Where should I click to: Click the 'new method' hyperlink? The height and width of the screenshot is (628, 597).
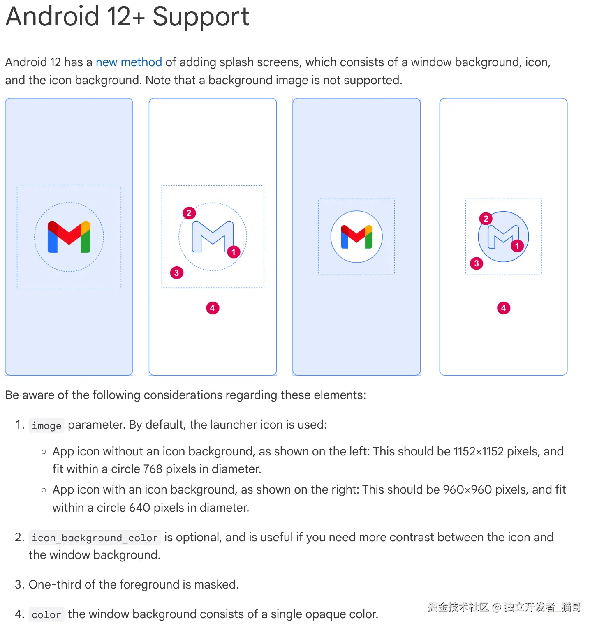coord(129,62)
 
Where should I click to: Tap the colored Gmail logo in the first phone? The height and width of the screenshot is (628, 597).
coord(69,237)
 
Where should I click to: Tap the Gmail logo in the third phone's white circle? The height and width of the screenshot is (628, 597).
coord(356,237)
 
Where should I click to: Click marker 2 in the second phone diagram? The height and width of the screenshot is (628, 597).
coord(189,213)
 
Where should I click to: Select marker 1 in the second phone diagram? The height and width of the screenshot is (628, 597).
coord(234,252)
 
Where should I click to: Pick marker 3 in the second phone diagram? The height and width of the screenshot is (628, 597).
coord(177,272)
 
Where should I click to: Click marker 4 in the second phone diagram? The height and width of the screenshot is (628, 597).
coord(213,308)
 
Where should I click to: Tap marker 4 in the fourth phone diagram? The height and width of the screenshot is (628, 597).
coord(503,308)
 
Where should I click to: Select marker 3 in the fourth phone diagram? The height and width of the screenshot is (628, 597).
coord(477,263)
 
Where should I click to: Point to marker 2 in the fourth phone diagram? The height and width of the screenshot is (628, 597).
coord(486,219)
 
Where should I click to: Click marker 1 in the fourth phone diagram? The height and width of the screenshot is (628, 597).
coord(517,246)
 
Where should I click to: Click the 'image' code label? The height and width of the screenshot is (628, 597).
coord(46,425)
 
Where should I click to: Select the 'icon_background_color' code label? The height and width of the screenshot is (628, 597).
coord(95,538)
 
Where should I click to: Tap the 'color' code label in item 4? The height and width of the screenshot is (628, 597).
coord(46,614)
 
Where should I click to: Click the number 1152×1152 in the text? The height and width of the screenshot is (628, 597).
coord(478,451)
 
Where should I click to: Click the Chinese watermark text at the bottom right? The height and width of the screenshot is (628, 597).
coord(504,607)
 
